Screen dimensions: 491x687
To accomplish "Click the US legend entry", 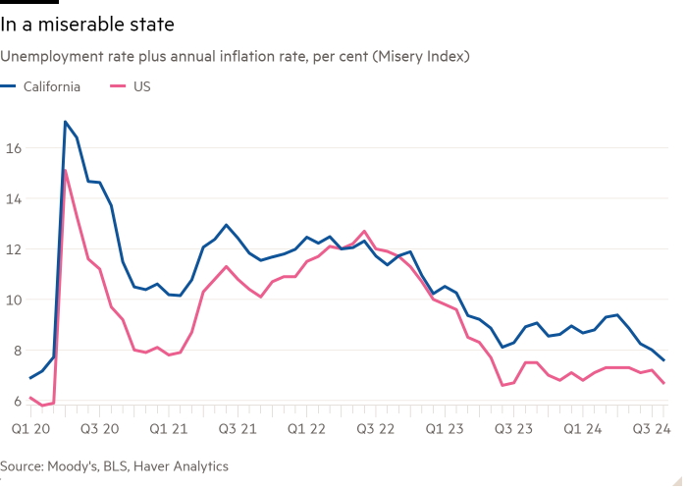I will coord(141,86).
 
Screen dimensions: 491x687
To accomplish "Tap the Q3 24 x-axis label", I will coord(652,428).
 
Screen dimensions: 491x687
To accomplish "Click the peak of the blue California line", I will coord(65,122).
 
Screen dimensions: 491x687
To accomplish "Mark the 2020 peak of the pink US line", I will coord(66,170).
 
